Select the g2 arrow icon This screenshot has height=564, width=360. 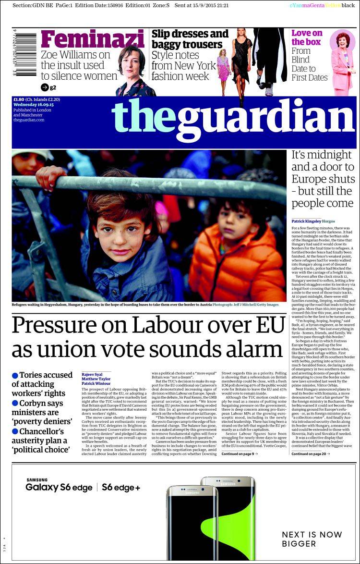(45, 87)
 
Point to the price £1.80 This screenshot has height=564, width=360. (19, 99)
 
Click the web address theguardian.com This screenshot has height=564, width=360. (29, 120)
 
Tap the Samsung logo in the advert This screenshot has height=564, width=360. (36, 479)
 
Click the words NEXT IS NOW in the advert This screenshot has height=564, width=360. (305, 535)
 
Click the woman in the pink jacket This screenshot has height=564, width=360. (341, 62)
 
